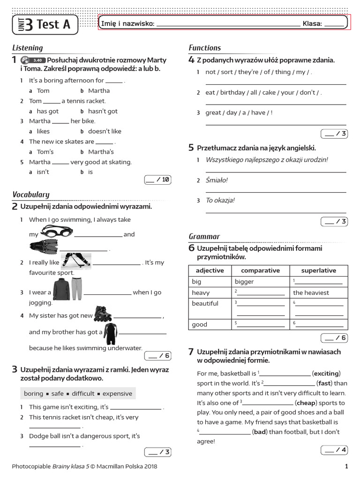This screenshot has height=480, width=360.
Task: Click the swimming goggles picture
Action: click(x=54, y=231)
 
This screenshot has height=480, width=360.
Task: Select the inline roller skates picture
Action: click(x=103, y=314)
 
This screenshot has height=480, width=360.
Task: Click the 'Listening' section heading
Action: click(x=27, y=48)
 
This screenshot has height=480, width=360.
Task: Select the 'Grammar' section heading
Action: click(x=204, y=236)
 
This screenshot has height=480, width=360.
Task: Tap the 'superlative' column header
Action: click(x=318, y=270)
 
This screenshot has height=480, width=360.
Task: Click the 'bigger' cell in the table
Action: click(x=244, y=282)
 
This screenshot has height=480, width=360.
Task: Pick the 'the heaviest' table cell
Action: click(x=311, y=292)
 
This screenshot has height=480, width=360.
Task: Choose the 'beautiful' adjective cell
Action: click(x=205, y=304)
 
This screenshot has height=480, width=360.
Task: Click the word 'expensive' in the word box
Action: click(x=117, y=394)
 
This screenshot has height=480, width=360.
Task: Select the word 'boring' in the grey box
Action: click(x=33, y=394)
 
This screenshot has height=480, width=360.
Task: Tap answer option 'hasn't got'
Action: click(x=103, y=111)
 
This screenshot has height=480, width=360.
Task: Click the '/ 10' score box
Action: click(x=157, y=179)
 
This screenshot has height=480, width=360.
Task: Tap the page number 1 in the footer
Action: click(x=346, y=466)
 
